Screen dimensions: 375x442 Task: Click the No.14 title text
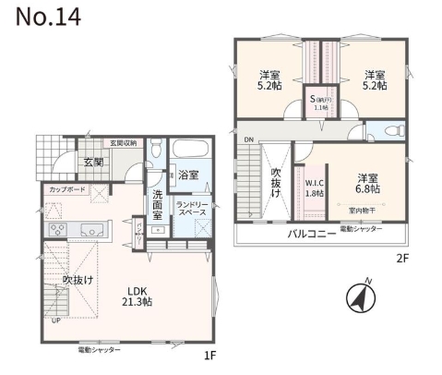(43, 18)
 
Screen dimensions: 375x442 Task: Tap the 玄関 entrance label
(94, 162)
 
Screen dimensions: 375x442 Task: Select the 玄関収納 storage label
(124, 143)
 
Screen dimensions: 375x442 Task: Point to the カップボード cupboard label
(64, 188)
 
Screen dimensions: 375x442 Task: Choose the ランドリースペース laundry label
(194, 208)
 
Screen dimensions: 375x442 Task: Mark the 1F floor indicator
(210, 355)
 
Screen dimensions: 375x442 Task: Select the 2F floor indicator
(401, 259)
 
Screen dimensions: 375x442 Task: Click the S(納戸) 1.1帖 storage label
(321, 103)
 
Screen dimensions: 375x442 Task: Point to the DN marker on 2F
(248, 140)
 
